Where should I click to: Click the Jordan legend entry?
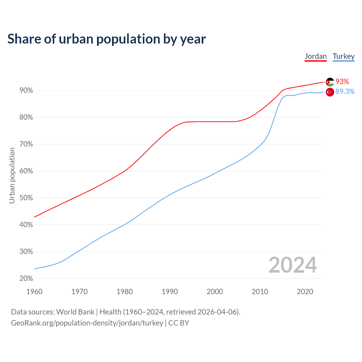coord(315,56)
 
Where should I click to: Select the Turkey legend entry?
coord(343,56)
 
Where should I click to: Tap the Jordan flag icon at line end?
coord(330,82)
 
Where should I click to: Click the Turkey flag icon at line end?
coord(330,92)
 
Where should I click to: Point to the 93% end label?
coord(342,82)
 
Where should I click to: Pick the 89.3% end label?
coord(345,92)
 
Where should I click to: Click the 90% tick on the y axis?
coord(26,90)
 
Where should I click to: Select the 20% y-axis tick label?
coord(26,279)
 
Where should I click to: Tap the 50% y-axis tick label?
coord(26,198)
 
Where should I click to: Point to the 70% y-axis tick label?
coord(26,144)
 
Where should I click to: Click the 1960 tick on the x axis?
coord(34,292)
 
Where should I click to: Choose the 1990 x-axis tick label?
coord(170,292)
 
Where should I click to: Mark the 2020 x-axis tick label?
coord(305,292)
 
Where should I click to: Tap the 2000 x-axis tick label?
coord(215,292)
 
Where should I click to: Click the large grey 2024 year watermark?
coord(293,265)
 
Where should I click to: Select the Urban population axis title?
coord(12,175)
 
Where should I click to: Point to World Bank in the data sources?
coord(75,312)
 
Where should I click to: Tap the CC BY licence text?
coord(179,323)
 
